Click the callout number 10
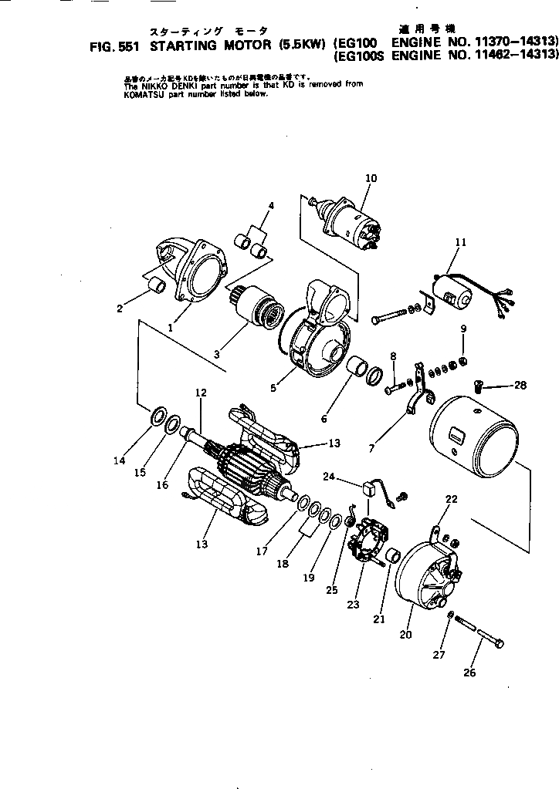[371, 179]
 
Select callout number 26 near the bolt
[469, 673]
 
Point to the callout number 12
[201, 393]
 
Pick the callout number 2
[120, 309]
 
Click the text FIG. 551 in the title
[113, 46]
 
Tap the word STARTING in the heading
[178, 46]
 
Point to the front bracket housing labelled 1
[193, 270]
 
